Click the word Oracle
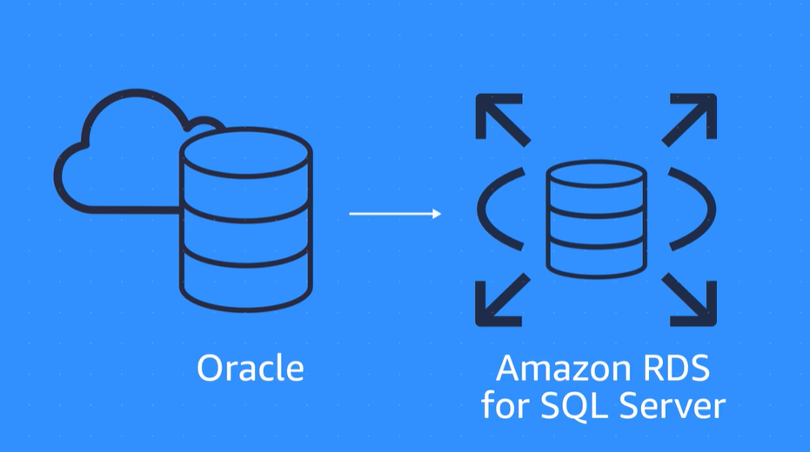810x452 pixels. (251, 369)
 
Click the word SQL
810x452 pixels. (590, 406)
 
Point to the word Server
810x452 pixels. (674, 406)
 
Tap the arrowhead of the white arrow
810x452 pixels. (436, 213)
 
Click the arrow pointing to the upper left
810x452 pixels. (501, 118)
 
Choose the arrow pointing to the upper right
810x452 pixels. (691, 118)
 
